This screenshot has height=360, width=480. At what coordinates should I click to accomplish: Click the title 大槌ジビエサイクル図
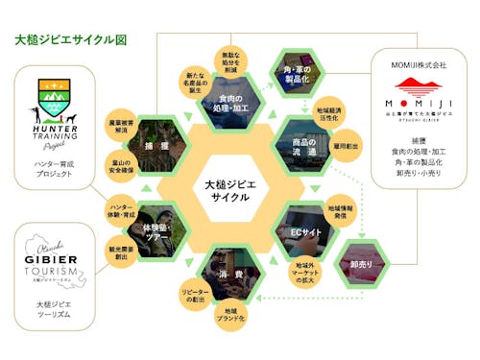(71, 42)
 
